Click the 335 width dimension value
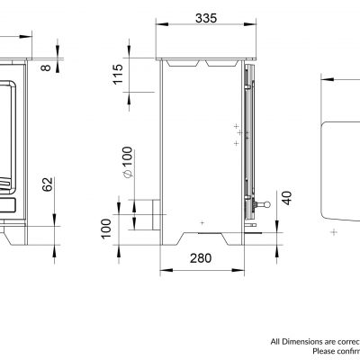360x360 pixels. [x=206, y=18]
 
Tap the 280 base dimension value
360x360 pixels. [x=201, y=258]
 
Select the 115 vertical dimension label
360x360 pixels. [x=119, y=74]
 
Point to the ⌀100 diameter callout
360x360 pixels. [x=128, y=162]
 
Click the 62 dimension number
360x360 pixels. [x=48, y=184]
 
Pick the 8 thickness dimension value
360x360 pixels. [x=46, y=67]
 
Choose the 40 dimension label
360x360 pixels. [x=287, y=198]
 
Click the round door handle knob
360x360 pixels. [x=266, y=205]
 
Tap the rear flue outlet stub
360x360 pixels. [x=157, y=214]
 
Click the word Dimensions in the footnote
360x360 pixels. [x=302, y=342]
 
